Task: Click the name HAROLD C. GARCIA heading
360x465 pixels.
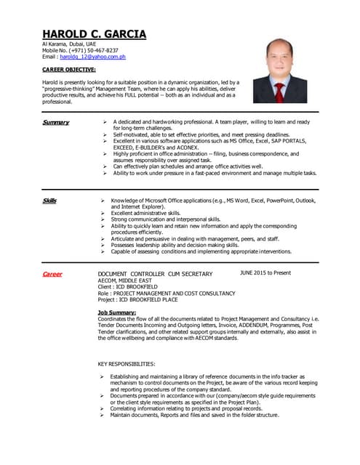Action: [x=94, y=34]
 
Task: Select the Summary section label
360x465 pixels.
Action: [x=55, y=122]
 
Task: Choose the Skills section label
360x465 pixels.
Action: [x=49, y=200]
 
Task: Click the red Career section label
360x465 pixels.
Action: [x=52, y=274]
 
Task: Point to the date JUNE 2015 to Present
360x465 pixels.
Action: [x=265, y=273]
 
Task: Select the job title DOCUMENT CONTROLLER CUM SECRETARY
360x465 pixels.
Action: [x=155, y=274]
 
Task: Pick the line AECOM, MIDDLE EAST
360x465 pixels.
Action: [x=128, y=280]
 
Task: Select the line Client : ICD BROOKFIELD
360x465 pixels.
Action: [x=129, y=287]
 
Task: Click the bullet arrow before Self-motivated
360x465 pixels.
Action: [x=105, y=134]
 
